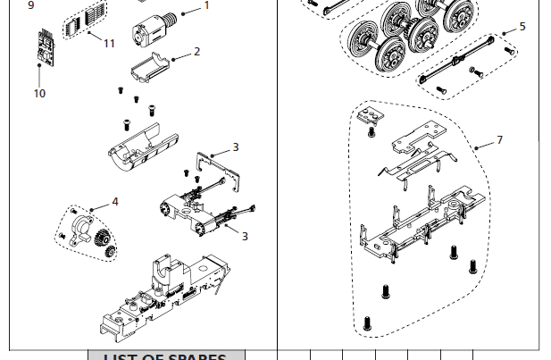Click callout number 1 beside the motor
coord(206,5)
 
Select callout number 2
coord(196,52)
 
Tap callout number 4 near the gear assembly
coord(114,202)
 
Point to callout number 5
coord(522,27)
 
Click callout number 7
coord(499,140)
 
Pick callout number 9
coord(30,5)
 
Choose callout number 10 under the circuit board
coord(39,93)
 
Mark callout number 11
coord(109,43)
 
